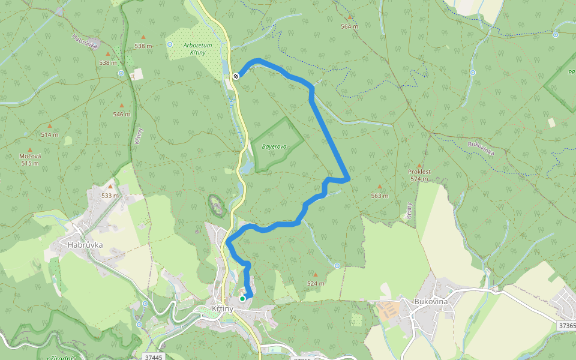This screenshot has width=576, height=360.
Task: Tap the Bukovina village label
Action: (431, 301)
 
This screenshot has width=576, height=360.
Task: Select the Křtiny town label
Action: (223, 308)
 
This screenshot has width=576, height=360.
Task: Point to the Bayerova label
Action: (274, 146)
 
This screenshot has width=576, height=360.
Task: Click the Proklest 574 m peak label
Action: (419, 175)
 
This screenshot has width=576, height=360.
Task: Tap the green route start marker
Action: (242, 298)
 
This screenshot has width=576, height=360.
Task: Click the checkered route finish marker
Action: (236, 76)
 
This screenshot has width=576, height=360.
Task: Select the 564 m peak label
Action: (349, 26)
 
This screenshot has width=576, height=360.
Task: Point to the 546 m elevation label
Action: (121, 114)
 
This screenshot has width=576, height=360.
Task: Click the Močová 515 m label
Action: (30, 160)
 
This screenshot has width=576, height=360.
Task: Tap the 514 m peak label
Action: (50, 134)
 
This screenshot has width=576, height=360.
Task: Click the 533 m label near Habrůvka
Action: (110, 196)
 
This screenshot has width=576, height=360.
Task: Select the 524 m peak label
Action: (316, 283)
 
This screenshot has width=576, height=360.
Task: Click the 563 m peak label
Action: (379, 196)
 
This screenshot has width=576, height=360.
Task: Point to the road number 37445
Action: (154, 357)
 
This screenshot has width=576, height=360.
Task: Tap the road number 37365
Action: (566, 325)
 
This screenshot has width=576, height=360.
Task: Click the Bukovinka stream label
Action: (481, 148)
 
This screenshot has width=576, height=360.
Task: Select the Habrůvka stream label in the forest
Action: (85, 41)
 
